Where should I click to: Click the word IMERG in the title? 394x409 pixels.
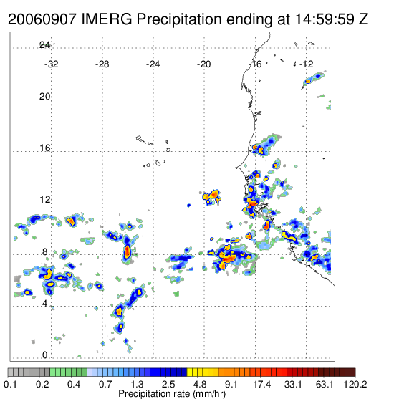pyautogui.click(x=107, y=19)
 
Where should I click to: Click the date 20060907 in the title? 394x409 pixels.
pyautogui.click(x=42, y=19)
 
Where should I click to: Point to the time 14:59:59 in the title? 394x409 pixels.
pyautogui.click(x=325, y=19)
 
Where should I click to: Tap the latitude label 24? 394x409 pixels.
pyautogui.click(x=44, y=45)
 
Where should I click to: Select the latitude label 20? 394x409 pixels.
pyautogui.click(x=44, y=97)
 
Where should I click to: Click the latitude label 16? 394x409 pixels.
pyautogui.click(x=44, y=148)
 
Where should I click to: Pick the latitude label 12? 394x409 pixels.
pyautogui.click(x=44, y=200)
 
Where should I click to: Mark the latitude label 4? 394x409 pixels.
pyautogui.click(x=45, y=304)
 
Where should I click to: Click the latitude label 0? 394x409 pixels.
pyautogui.click(x=45, y=355)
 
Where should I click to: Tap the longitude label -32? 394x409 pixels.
pyautogui.click(x=52, y=64)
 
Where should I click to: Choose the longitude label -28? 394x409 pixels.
pyautogui.click(x=102, y=64)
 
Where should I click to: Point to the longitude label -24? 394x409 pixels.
pyautogui.click(x=153, y=64)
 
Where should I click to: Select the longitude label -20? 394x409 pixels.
pyautogui.click(x=203, y=64)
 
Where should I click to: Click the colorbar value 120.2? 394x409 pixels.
pyautogui.click(x=355, y=384)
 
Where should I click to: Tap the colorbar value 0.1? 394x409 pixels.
pyautogui.click(x=10, y=384)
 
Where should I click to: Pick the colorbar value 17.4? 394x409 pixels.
pyautogui.click(x=262, y=384)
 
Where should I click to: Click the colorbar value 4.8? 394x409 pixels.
pyautogui.click(x=200, y=384)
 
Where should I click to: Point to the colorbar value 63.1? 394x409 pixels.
pyautogui.click(x=325, y=384)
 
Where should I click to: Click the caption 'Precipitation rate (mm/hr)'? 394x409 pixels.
pyautogui.click(x=172, y=394)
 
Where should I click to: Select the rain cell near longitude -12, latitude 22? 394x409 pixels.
pyautogui.click(x=313, y=80)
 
